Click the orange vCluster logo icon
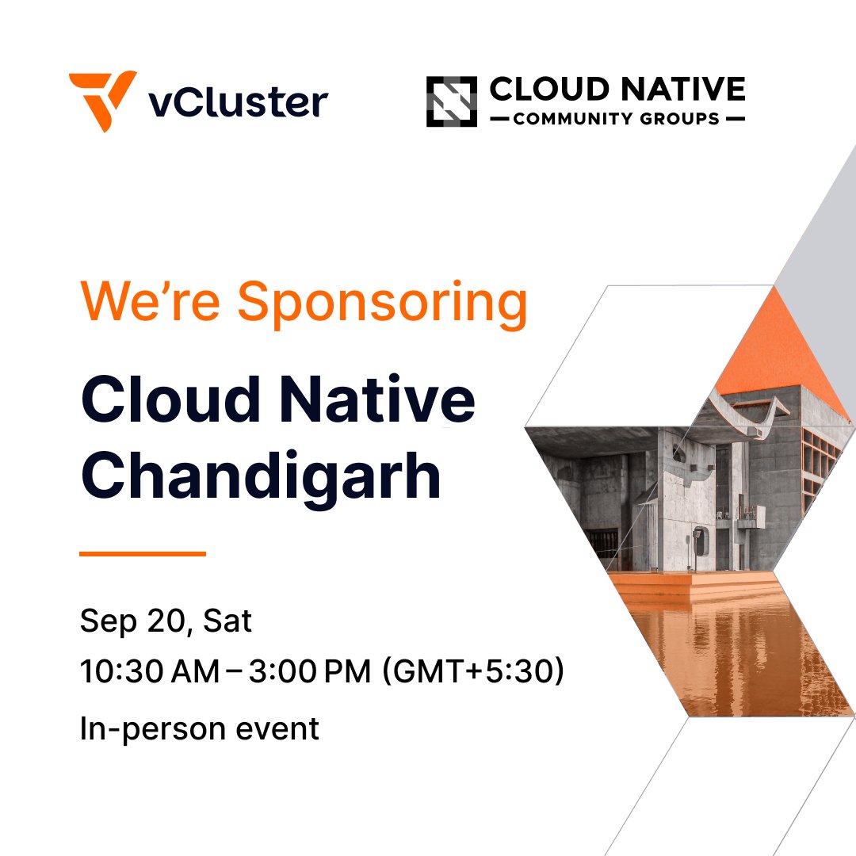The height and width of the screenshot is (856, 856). pyautogui.click(x=101, y=101)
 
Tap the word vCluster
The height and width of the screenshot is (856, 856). pyautogui.click(x=239, y=102)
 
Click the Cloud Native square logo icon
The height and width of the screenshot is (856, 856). pyautogui.click(x=451, y=101)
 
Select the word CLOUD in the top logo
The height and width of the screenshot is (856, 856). pyautogui.click(x=539, y=89)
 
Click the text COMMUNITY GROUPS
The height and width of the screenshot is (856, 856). pyautogui.click(x=617, y=120)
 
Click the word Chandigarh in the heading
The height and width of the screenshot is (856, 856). pyautogui.click(x=261, y=476)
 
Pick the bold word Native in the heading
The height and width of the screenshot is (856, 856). pyautogui.click(x=380, y=400)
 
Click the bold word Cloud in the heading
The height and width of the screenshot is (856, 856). pyautogui.click(x=170, y=400)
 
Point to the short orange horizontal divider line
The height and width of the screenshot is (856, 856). pyautogui.click(x=143, y=554)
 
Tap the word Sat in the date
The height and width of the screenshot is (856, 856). pyautogui.click(x=227, y=621)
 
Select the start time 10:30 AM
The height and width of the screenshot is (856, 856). pyautogui.click(x=149, y=672)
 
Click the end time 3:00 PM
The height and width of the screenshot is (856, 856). pyautogui.click(x=310, y=672)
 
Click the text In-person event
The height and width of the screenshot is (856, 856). pyautogui.click(x=199, y=728)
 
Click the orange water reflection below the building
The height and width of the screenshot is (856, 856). pyautogui.click(x=713, y=650)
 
